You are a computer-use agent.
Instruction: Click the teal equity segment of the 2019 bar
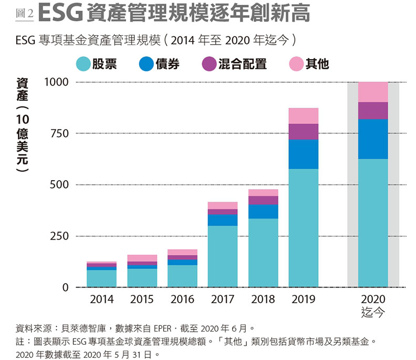click(x=304, y=228)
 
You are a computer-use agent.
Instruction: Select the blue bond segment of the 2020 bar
click(x=373, y=139)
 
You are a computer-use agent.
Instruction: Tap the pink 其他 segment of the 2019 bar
click(x=304, y=116)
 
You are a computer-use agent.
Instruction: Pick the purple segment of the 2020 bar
click(x=373, y=110)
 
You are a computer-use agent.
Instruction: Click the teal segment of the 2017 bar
click(x=223, y=256)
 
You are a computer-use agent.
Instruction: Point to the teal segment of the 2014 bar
click(x=101, y=278)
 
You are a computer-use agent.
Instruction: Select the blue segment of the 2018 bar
click(x=263, y=211)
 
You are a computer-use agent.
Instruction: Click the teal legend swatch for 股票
click(x=84, y=64)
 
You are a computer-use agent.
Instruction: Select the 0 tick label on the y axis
click(x=66, y=287)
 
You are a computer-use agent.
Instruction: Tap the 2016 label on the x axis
click(x=182, y=300)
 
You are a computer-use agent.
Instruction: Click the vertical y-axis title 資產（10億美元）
click(x=23, y=126)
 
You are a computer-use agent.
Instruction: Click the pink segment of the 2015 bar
click(x=142, y=258)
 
